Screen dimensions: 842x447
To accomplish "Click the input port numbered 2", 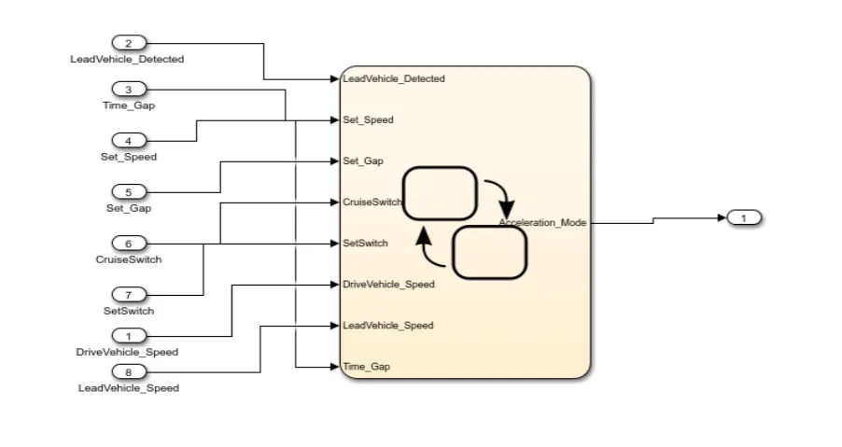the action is (x=129, y=44).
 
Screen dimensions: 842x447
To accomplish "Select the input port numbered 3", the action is (x=129, y=89).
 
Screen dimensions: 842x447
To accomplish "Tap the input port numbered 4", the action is (x=129, y=141).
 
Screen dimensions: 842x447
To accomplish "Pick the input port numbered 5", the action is (x=129, y=192).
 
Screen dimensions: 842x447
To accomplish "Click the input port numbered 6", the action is (x=129, y=244).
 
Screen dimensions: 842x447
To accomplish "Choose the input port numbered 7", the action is (x=129, y=295).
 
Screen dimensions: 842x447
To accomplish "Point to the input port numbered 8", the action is (x=129, y=371).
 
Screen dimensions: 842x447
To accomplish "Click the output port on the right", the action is (x=744, y=217).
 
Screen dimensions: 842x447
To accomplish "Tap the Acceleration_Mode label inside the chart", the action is (x=542, y=222).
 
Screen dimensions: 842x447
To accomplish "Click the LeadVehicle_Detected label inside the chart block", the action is (x=394, y=79).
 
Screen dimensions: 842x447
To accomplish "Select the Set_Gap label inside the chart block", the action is (x=363, y=161).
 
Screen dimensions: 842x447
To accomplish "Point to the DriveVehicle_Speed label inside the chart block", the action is (x=388, y=285).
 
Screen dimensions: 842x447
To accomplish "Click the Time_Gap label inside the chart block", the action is (x=367, y=367).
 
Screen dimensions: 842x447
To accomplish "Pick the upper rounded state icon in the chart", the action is (x=440, y=194).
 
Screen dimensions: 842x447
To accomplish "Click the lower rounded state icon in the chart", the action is (x=490, y=253).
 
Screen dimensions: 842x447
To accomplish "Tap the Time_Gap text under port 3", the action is (x=129, y=105).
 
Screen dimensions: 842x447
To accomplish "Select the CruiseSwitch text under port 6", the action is (x=129, y=259).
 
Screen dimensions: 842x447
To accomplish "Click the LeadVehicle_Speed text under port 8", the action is (x=129, y=388).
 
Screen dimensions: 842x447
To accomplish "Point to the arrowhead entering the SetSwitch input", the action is (x=334, y=244).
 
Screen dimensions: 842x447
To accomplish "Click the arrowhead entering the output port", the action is (x=723, y=217).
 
